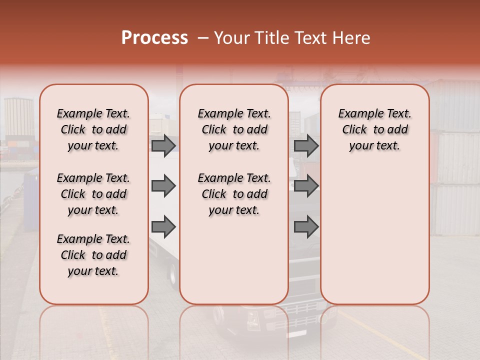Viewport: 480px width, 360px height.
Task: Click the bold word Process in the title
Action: coord(154,38)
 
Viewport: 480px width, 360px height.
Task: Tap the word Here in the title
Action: coord(352,38)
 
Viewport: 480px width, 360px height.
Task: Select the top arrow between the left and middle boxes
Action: coord(163,146)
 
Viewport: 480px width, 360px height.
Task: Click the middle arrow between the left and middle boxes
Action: coord(163,186)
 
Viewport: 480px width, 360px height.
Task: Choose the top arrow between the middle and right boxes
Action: coord(306,146)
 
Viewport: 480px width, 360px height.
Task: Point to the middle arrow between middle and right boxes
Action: coord(306,186)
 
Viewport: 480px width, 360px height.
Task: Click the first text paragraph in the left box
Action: coord(93,129)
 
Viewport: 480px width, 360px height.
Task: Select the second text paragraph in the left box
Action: coord(93,194)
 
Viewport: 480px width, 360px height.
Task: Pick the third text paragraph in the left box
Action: coord(93,255)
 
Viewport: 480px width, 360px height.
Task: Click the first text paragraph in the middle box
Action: coord(234,129)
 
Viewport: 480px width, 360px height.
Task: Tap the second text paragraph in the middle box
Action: coord(234,194)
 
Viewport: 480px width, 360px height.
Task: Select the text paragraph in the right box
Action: coord(374,129)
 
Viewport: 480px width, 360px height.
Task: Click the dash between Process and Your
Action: coord(202,38)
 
